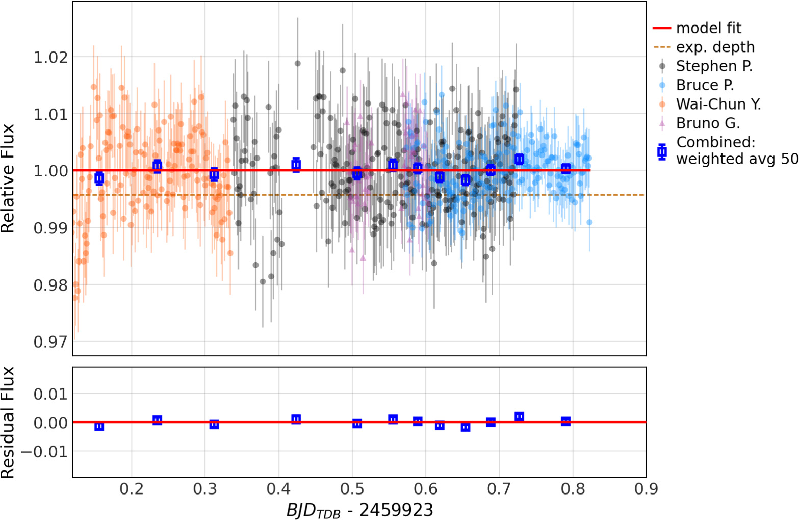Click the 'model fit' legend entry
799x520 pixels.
[708, 28]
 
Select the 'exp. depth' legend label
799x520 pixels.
[715, 47]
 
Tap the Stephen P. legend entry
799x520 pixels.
[714, 66]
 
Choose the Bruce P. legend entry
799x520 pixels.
[705, 85]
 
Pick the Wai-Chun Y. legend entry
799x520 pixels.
[718, 104]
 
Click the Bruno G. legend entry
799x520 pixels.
[708, 123]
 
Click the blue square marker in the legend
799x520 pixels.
[662, 151]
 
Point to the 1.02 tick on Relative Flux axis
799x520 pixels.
[50, 57]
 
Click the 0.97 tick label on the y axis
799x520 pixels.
[50, 341]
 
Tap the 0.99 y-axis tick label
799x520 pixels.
[50, 227]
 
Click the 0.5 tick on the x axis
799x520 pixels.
[352, 489]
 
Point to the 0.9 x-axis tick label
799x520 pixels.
[646, 489]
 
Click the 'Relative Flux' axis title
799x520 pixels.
[8, 178]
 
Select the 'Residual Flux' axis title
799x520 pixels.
[8, 423]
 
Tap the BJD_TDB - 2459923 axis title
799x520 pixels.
[359, 510]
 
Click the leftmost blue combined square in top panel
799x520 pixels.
[99, 178]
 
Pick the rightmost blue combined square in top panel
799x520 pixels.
[565, 169]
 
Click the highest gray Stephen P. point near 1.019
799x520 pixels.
[298, 64]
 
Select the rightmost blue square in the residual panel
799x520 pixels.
[565, 421]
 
